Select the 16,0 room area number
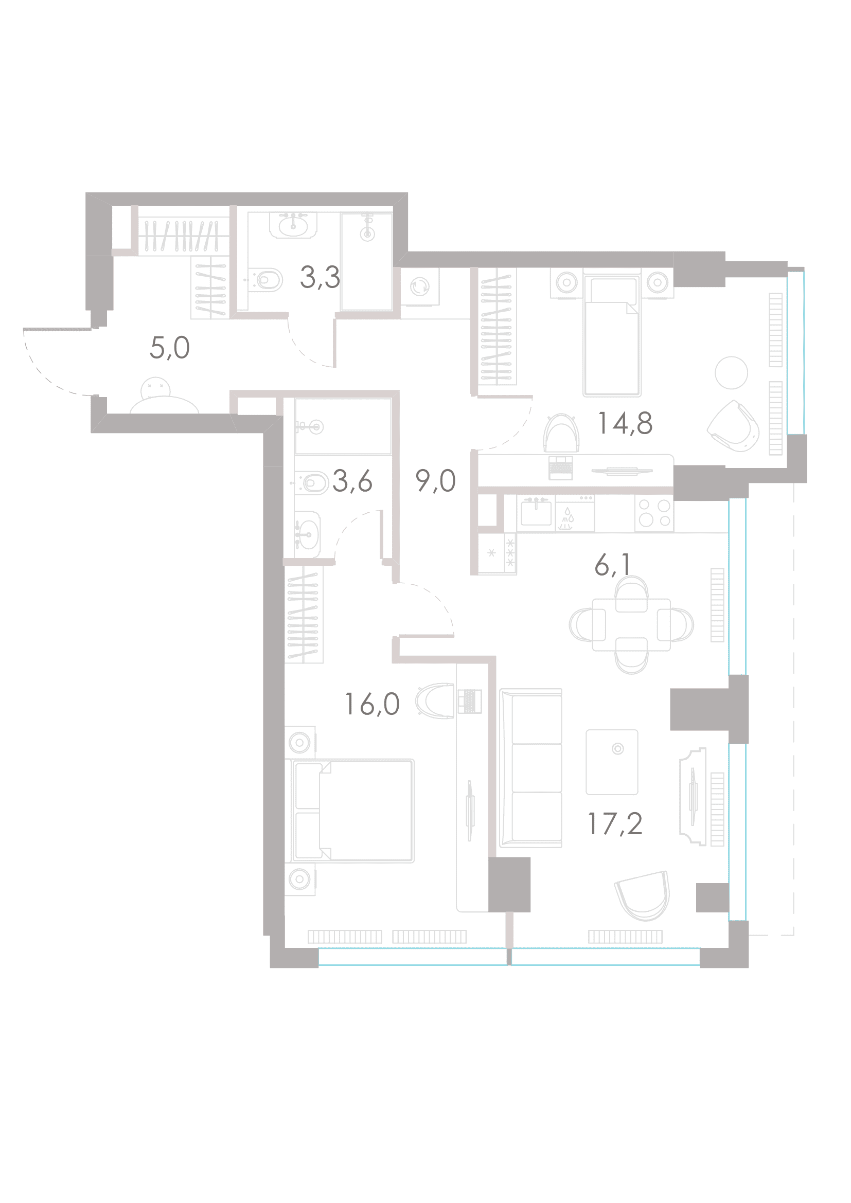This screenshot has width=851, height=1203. [x=372, y=704]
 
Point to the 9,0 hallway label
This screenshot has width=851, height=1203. [x=435, y=480]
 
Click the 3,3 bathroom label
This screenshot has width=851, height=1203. [x=320, y=277]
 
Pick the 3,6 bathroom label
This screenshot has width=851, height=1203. [x=352, y=481]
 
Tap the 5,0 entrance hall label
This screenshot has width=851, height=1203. [x=170, y=348]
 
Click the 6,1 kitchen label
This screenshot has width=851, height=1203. [x=612, y=566]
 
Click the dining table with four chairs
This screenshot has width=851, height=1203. [x=631, y=624]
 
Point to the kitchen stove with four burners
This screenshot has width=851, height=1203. [x=654, y=513]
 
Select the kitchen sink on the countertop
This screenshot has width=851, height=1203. [x=536, y=511]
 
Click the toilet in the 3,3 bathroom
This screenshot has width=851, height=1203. [x=265, y=280]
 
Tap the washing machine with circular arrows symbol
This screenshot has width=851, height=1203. [x=420, y=286]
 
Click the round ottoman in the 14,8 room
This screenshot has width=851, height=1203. [x=731, y=372]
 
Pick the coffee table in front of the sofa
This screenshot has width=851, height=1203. [x=612, y=762]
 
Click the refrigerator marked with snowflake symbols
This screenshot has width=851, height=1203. [x=498, y=553]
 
